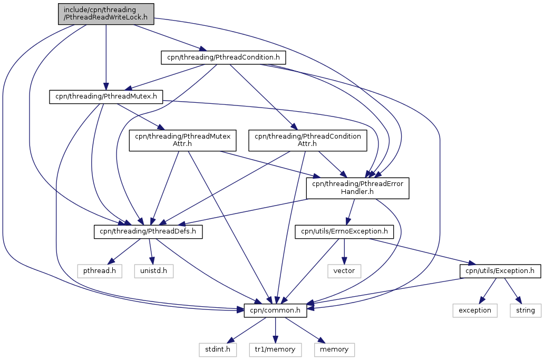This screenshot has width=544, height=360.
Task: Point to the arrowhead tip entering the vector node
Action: point(344,264)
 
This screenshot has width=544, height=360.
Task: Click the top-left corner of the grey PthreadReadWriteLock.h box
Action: point(59,4)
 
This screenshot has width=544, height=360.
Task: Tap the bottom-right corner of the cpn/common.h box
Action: point(307,317)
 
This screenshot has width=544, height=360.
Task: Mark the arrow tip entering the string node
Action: point(521,304)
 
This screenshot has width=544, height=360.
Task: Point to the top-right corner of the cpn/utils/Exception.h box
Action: point(540,264)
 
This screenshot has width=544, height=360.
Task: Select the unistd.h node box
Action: point(154,271)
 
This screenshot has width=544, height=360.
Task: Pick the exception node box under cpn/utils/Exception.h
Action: point(474,310)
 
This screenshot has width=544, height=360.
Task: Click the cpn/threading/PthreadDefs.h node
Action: point(148,232)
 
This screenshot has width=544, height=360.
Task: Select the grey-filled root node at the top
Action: point(106,14)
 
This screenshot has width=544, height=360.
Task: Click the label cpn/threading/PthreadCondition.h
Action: point(223,57)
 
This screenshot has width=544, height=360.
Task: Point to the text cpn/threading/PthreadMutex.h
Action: point(106,96)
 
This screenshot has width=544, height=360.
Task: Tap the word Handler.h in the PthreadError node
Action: point(357,192)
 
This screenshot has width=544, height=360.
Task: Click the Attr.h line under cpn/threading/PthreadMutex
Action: point(182,144)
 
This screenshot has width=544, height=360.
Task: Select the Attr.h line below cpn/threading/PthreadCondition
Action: point(307,144)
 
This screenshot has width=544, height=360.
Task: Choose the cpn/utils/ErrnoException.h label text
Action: point(344,231)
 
